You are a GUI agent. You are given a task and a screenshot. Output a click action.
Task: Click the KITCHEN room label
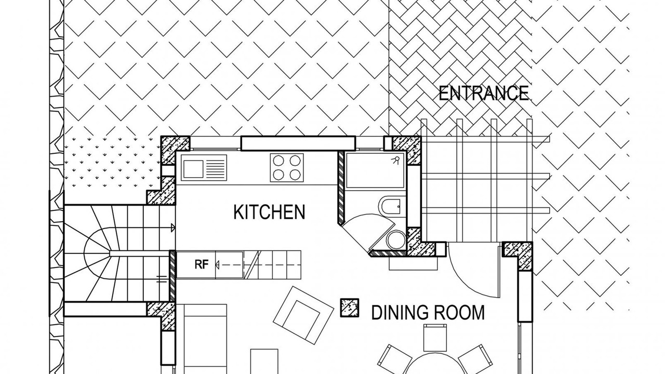(x=269, y=212)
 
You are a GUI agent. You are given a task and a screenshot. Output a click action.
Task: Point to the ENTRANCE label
(x=484, y=93)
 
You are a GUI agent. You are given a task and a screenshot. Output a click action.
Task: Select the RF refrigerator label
(x=202, y=264)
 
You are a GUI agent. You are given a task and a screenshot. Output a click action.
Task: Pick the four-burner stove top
(x=287, y=168)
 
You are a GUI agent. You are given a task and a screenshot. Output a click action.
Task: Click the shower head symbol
(x=396, y=161)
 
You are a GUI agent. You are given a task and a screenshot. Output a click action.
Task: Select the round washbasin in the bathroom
(x=396, y=239)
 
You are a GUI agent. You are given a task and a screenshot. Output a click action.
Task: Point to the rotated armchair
(x=303, y=315)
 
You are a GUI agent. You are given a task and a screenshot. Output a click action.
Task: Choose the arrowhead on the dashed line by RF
(x=217, y=264)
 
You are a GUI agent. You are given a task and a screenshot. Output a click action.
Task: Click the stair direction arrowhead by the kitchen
(x=173, y=228)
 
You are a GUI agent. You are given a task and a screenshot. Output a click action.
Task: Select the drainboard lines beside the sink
(x=216, y=169)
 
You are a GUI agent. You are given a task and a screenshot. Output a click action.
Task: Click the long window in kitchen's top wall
(x=298, y=143)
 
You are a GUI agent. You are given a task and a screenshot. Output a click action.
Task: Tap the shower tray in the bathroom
(x=375, y=170)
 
